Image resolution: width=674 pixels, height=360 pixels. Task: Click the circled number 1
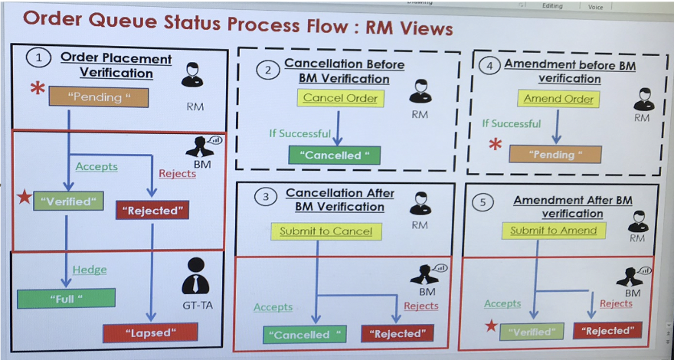pyautogui.click(x=38, y=57)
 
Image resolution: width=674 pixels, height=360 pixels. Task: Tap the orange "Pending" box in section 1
pyautogui.click(x=98, y=97)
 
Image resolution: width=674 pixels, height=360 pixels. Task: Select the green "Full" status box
pyautogui.click(x=66, y=298)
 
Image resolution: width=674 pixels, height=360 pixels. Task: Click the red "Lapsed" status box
pyautogui.click(x=150, y=332)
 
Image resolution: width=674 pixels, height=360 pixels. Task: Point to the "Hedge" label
pyautogui.click(x=90, y=270)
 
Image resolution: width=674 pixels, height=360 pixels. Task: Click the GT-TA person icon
pyautogui.click(x=195, y=274)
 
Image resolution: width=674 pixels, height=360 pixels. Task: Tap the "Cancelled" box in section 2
pyautogui.click(x=334, y=155)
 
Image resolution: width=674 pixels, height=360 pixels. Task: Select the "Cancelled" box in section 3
pyautogui.click(x=305, y=334)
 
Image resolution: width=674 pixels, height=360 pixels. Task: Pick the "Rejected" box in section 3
pyautogui.click(x=397, y=333)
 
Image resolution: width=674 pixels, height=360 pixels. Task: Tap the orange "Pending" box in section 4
pyautogui.click(x=555, y=154)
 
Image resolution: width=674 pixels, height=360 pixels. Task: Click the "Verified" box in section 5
pyautogui.click(x=532, y=332)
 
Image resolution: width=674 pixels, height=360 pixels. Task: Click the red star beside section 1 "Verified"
pyautogui.click(x=23, y=201)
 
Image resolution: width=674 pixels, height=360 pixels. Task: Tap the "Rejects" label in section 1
pyautogui.click(x=177, y=173)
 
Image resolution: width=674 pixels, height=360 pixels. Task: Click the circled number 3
pyautogui.click(x=266, y=197)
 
